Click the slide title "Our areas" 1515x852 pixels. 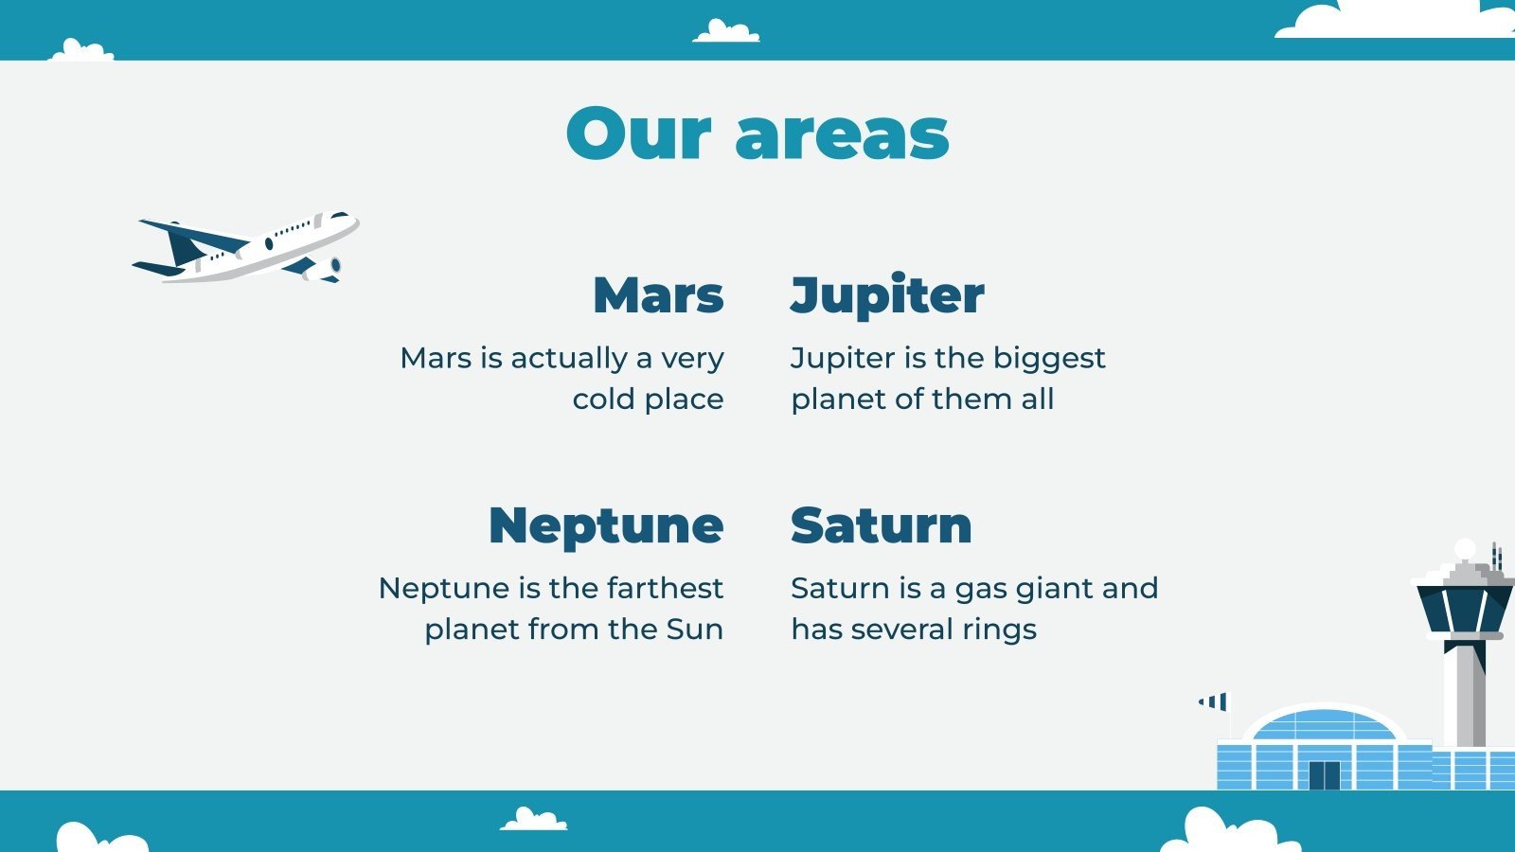(x=757, y=133)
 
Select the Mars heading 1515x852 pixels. (x=658, y=295)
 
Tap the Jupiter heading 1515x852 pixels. (x=886, y=296)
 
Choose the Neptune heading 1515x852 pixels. (x=606, y=526)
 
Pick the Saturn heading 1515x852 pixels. (x=882, y=525)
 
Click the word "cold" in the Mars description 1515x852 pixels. (x=604, y=399)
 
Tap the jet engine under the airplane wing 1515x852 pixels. (x=322, y=269)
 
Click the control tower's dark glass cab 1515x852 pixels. (x=1464, y=609)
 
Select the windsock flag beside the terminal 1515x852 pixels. (x=1213, y=701)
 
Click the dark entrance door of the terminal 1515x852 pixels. (x=1325, y=775)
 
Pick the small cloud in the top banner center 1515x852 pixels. (x=726, y=31)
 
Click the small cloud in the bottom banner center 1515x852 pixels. (x=534, y=819)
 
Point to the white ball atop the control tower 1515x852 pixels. (x=1465, y=549)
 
